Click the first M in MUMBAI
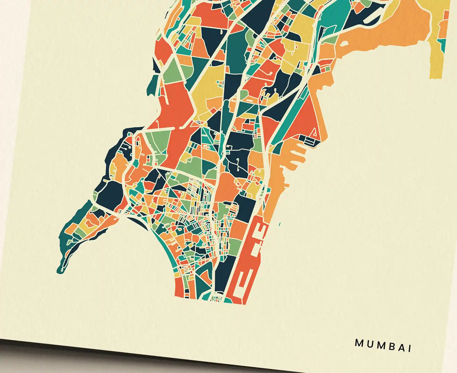pos(359,343)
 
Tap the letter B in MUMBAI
pos(391,346)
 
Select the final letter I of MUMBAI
pos(410,348)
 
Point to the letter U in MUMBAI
pos(369,344)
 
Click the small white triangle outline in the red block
pos(315,133)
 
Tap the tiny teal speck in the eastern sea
pos(280,224)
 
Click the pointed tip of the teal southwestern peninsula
pos(59,271)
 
